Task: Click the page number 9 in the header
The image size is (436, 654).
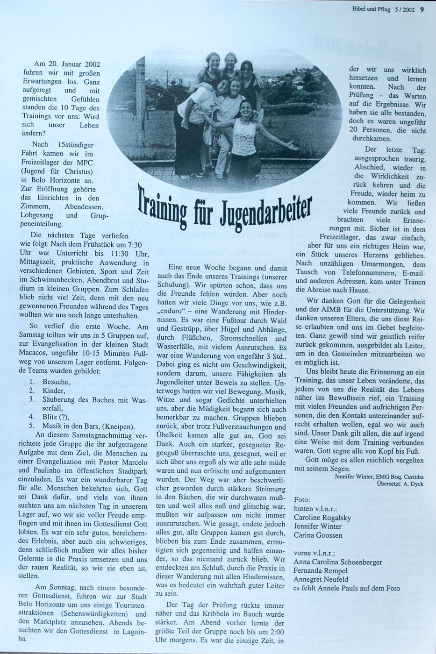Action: pyautogui.click(x=421, y=8)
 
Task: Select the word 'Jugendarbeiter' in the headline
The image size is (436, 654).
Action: pyautogui.click(x=264, y=207)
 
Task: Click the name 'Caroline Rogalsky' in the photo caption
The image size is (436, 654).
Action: pyautogui.click(x=322, y=518)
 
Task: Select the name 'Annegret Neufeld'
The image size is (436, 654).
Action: pyautogui.click(x=321, y=579)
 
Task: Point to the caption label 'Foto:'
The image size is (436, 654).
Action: pyautogui.click(x=302, y=499)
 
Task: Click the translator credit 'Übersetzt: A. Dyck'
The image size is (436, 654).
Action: pyautogui.click(x=400, y=484)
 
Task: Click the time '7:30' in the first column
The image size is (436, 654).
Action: pyautogui.click(x=134, y=245)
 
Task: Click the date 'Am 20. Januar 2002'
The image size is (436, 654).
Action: pyautogui.click(x=67, y=64)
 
